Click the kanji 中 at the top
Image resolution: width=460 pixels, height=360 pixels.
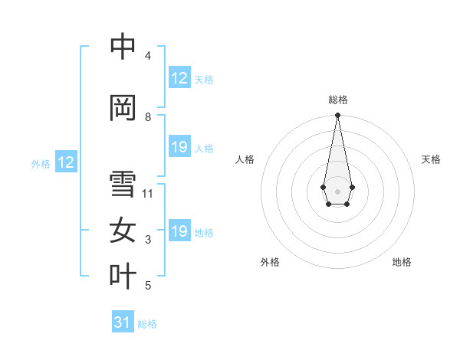coord(123,47)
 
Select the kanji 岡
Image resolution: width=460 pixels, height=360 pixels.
coord(123,108)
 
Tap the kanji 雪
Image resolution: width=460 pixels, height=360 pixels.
coord(123,184)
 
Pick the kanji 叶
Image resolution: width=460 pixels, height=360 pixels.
coord(123,277)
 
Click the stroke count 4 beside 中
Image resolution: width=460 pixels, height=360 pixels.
coord(148,56)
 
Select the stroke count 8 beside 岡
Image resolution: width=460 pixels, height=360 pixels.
coord(148,117)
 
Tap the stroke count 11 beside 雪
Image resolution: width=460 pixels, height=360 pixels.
coord(148,193)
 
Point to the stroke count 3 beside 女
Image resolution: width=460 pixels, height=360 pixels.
coord(148,241)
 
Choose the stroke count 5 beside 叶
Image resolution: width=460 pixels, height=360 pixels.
coord(148,286)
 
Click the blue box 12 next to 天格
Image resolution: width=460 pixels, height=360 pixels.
coord(179,78)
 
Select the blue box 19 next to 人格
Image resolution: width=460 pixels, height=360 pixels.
coord(179,147)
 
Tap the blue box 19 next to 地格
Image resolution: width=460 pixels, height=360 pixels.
coord(179,231)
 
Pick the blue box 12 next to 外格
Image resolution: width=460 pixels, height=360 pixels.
coord(66,162)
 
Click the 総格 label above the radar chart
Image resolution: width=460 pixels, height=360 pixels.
coord(337,100)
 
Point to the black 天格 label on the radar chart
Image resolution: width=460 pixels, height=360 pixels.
coord(431,159)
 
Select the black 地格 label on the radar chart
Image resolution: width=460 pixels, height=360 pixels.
coord(402,262)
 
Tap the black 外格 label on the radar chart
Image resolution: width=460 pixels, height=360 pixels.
coord(270,262)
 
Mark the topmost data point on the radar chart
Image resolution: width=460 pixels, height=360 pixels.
coord(337,115)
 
